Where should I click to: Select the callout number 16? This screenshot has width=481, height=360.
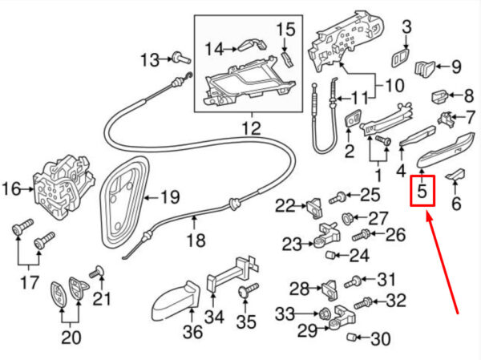click(x=12, y=188)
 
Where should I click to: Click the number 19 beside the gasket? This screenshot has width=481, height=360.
click(x=170, y=196)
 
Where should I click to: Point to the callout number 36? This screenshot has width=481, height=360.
click(x=193, y=332)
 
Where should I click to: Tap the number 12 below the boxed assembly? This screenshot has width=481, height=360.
click(x=252, y=128)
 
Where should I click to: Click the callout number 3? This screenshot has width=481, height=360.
click(x=406, y=27)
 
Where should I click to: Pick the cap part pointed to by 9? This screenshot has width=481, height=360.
click(x=425, y=69)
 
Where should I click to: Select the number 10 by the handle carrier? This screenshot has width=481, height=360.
click(x=394, y=85)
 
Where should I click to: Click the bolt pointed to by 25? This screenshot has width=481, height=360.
click(x=338, y=197)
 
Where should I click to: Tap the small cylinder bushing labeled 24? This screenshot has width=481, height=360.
click(x=329, y=254)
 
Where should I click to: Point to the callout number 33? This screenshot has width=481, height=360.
click(x=285, y=313)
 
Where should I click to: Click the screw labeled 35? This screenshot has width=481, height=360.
click(x=249, y=290)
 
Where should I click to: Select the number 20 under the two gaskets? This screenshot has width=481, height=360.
click(x=71, y=338)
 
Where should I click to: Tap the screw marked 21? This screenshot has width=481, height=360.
click(x=96, y=272)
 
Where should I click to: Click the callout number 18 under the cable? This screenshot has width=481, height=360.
click(x=196, y=240)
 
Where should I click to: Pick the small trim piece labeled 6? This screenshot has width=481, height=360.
click(x=456, y=174)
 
